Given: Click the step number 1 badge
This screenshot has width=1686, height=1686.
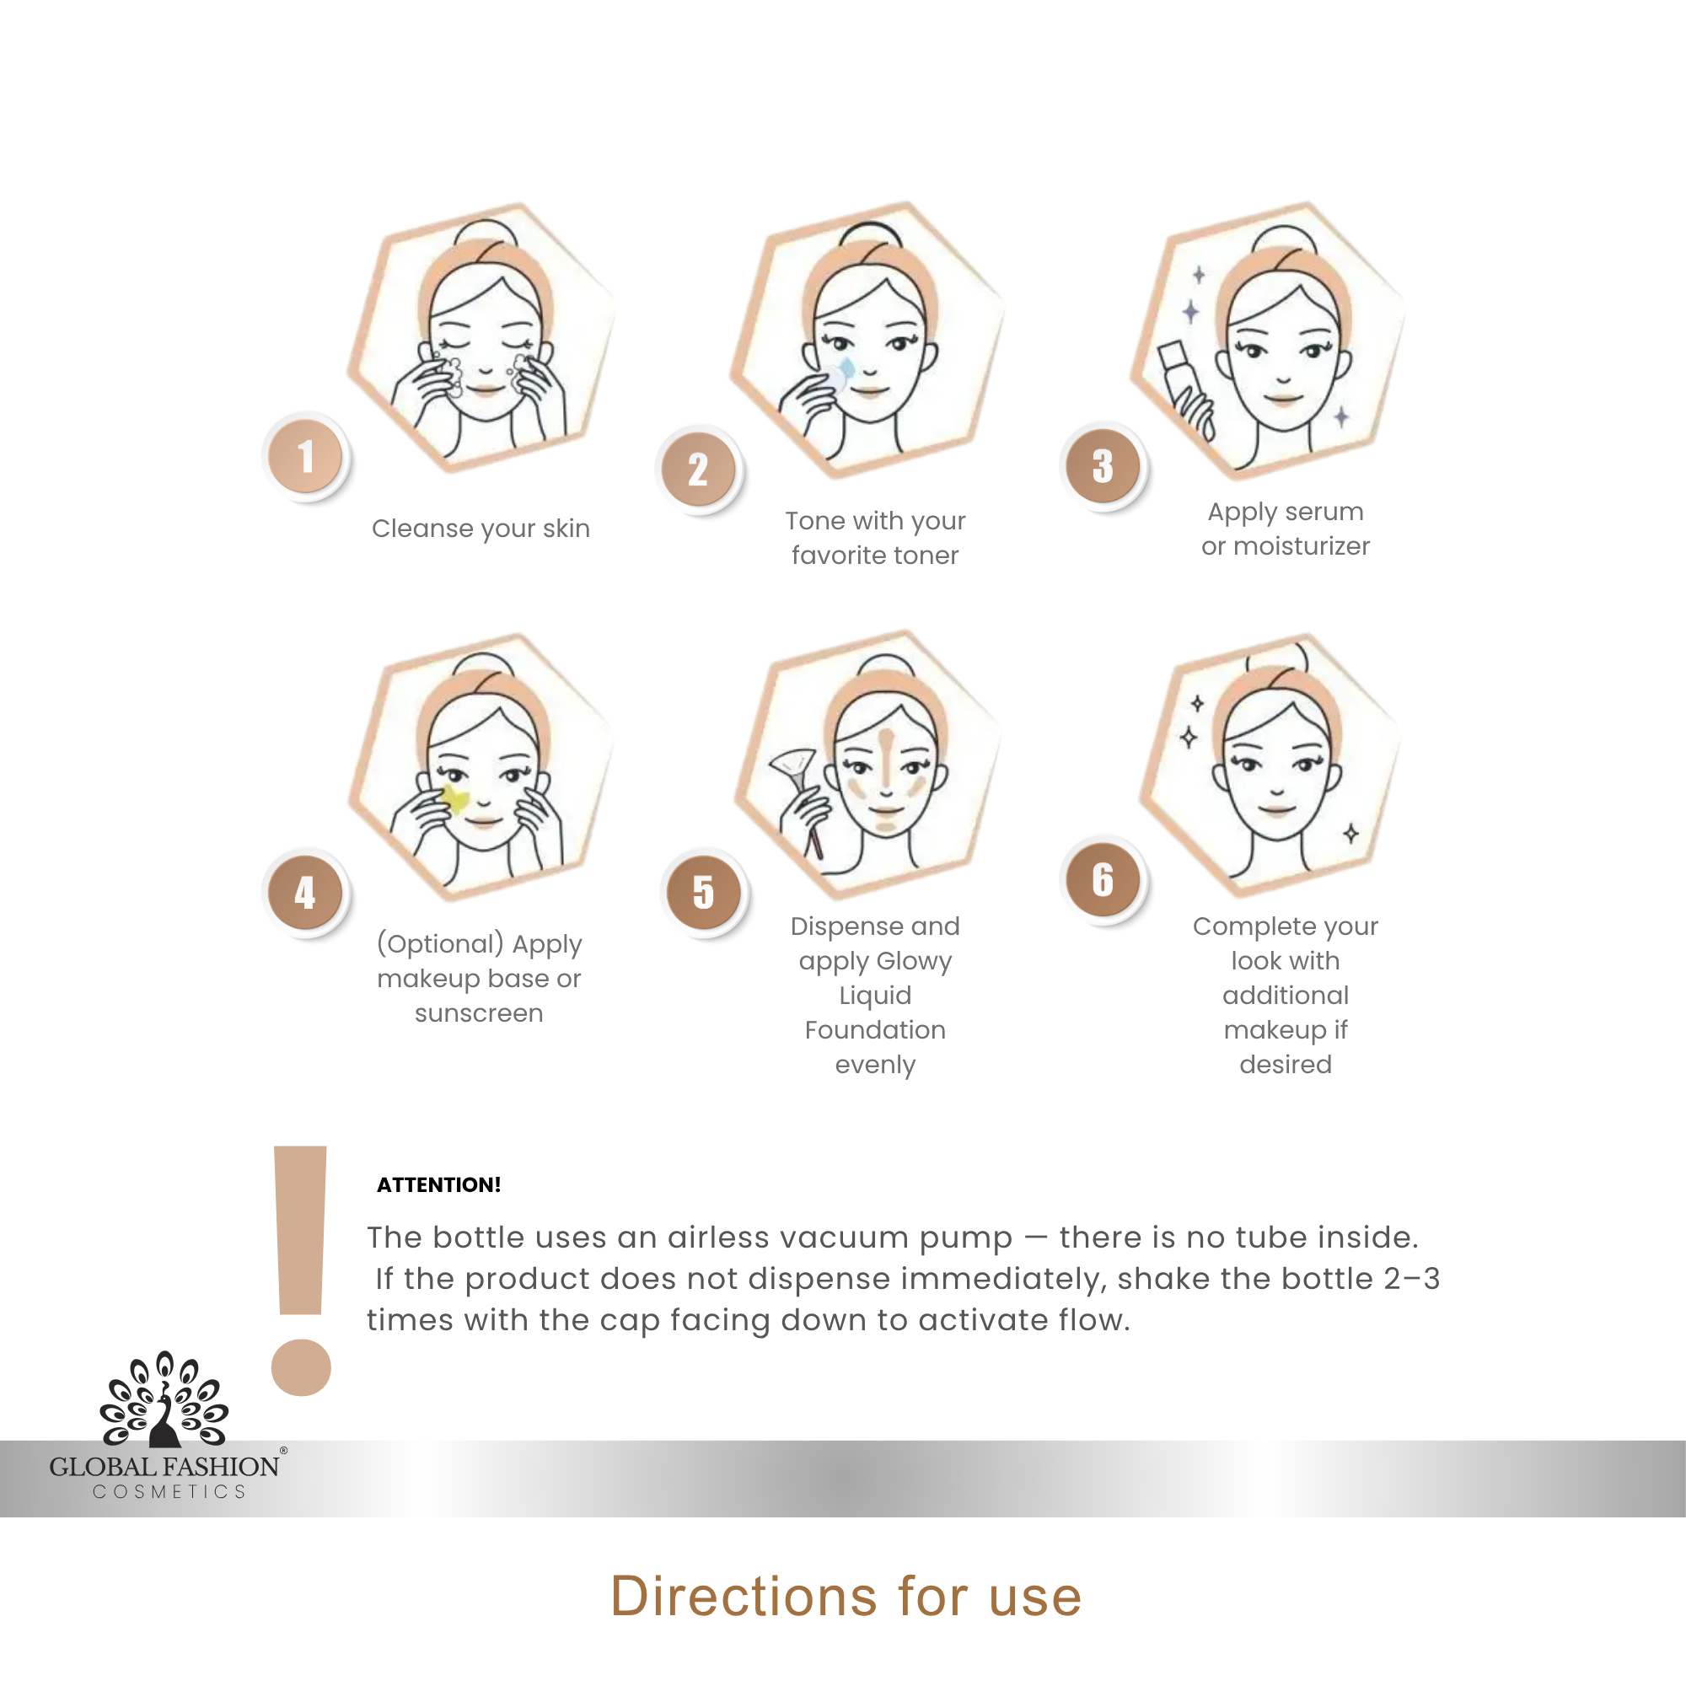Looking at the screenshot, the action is (305, 456).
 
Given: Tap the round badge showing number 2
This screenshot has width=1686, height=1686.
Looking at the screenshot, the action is (698, 470).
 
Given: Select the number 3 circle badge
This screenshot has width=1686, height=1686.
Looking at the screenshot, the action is (1103, 466).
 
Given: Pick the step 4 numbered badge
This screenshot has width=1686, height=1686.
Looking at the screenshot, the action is (305, 891).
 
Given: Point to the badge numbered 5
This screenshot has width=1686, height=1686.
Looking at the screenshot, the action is (704, 892).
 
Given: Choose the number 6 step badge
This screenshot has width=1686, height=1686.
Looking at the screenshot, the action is (1103, 879).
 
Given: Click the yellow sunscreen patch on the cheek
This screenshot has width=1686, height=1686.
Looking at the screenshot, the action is (454, 798).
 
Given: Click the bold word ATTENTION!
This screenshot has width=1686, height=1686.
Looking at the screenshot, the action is (439, 1184).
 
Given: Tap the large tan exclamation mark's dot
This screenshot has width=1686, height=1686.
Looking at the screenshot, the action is (301, 1367).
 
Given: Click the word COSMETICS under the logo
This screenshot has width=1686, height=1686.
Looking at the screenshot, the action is (169, 1491).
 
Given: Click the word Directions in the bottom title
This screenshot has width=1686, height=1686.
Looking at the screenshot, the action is (744, 1596).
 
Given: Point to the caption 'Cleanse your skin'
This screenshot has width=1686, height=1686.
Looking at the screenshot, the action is (481, 529).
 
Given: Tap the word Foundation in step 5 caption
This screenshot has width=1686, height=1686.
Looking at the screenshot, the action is (875, 1030).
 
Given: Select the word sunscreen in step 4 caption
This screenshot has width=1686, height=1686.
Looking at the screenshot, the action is (479, 1013).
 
